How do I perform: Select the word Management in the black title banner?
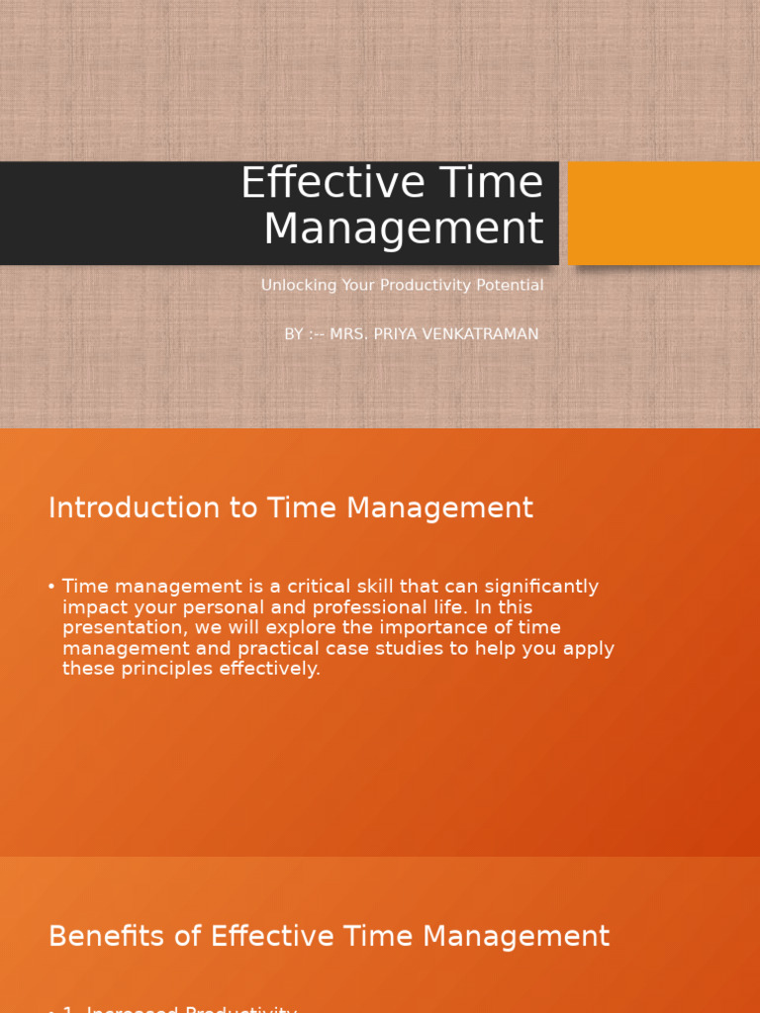(403, 230)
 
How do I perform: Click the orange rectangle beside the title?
(663, 213)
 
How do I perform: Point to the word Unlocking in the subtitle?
(293, 286)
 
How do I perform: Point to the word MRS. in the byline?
(347, 334)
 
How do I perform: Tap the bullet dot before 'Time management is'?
(51, 587)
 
